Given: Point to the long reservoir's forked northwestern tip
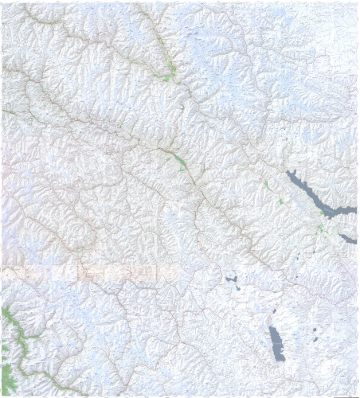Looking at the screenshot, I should click(289, 172).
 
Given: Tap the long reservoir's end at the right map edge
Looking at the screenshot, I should click(354, 208).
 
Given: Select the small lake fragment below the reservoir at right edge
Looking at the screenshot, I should click(348, 238).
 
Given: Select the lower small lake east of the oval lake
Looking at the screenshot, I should click(315, 339).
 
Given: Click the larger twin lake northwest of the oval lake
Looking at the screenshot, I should click(233, 279).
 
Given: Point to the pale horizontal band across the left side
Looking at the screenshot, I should click(88, 273).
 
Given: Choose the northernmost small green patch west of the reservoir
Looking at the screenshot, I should click(266, 184).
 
